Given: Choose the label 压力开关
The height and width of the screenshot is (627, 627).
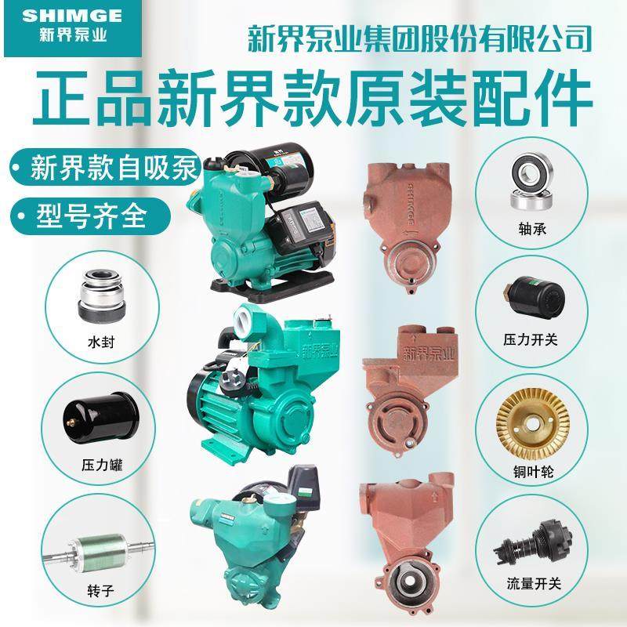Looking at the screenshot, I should [x=531, y=341].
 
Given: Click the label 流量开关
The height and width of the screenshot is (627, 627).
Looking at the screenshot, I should [x=531, y=584].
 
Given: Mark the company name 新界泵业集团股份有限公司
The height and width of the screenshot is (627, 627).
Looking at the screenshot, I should [x=419, y=35].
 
